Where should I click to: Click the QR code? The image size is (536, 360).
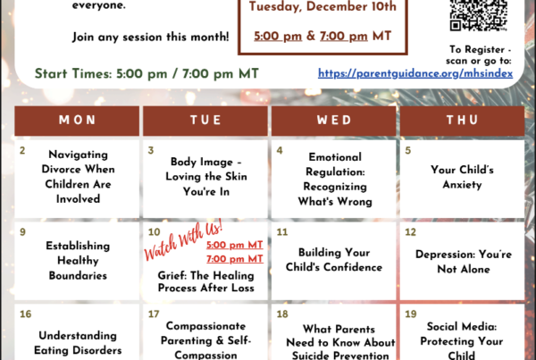[x=478, y=15]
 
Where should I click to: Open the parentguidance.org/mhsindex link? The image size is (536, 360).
[x=415, y=73]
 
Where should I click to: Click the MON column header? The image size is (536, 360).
[x=77, y=121]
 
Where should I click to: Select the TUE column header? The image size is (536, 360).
[x=205, y=121]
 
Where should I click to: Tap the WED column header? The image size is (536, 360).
[x=334, y=121]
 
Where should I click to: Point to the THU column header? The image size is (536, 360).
[x=462, y=121]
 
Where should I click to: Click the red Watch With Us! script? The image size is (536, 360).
[x=183, y=240]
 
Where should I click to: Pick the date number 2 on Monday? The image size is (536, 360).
[x=22, y=150]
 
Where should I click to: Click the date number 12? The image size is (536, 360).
[x=410, y=232]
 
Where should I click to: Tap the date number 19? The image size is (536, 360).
[x=411, y=314]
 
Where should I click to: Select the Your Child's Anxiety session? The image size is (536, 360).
[x=462, y=177]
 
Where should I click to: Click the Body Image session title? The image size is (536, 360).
[x=206, y=177]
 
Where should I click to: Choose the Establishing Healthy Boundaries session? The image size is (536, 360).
[x=78, y=261]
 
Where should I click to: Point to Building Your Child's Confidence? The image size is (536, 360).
[x=334, y=260]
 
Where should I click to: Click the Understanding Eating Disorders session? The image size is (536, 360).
[x=78, y=343]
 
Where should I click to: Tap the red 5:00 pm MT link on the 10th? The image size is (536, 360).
[x=234, y=245]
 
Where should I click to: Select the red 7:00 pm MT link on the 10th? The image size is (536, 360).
[x=234, y=259]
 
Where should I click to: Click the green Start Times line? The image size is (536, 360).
[x=147, y=74]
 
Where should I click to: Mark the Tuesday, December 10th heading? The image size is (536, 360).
[x=322, y=6]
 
